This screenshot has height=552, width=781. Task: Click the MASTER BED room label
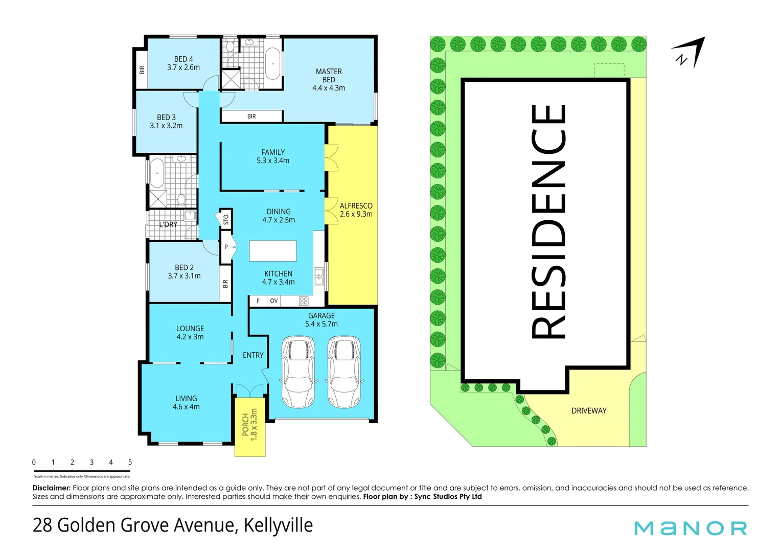click(x=329, y=80)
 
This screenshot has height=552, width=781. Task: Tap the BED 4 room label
click(x=183, y=63)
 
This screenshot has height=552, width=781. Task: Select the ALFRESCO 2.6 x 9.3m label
click(x=356, y=210)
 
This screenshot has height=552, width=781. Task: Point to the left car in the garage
click(x=298, y=372)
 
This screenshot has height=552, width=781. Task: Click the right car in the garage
click(x=344, y=372)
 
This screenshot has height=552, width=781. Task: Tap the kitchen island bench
click(x=273, y=251)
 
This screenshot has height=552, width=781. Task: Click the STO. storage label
click(x=226, y=219)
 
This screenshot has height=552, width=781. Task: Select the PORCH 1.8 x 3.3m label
click(x=250, y=425)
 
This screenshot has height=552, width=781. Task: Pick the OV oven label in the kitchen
click(x=274, y=301)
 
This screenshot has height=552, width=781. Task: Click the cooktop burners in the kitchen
click(x=304, y=301)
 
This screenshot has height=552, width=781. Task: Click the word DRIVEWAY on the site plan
click(x=589, y=411)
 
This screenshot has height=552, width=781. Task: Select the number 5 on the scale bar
click(x=130, y=463)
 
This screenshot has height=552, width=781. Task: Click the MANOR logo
click(x=691, y=528)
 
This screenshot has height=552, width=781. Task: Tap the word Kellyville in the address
click(x=278, y=525)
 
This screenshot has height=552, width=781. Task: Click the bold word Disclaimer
click(x=51, y=488)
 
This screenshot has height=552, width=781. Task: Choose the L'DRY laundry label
click(x=168, y=224)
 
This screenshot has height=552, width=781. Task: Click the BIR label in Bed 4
click(x=142, y=70)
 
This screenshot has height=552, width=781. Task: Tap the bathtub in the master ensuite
click(x=273, y=64)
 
